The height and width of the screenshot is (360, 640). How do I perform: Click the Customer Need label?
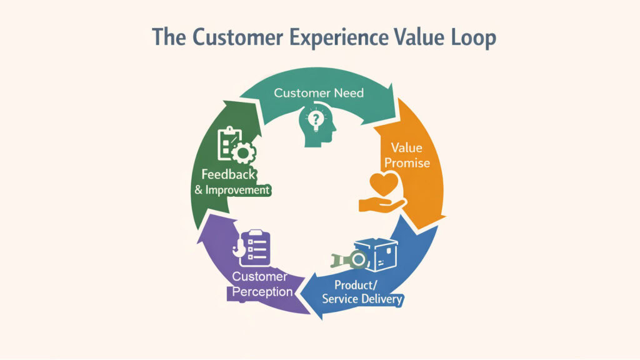[319, 93]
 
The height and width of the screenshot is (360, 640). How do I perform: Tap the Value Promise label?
[407, 156]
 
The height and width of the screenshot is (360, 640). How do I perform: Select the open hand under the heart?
[379, 204]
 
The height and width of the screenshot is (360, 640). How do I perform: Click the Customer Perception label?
[261, 284]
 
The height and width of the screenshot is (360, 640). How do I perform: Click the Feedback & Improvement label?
[232, 182]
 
